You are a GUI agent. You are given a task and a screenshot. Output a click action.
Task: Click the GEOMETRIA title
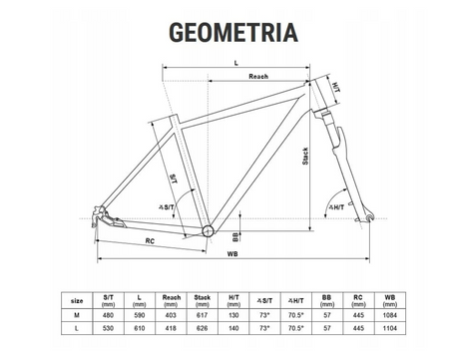click(233, 32)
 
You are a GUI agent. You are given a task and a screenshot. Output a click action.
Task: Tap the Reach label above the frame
click(258, 77)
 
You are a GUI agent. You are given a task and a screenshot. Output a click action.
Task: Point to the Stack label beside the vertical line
click(305, 157)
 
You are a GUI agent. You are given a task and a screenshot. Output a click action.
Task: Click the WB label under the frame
click(232, 254)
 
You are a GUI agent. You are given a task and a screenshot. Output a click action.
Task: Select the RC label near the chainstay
click(150, 241)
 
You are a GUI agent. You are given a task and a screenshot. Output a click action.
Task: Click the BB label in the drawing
click(235, 236)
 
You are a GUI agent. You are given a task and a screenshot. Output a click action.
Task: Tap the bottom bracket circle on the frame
click(208, 230)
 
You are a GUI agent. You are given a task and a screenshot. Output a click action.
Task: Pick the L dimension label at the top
click(236, 63)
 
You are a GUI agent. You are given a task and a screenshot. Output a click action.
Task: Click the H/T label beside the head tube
click(336, 88)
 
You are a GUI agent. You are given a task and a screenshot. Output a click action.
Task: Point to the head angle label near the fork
click(336, 207)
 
